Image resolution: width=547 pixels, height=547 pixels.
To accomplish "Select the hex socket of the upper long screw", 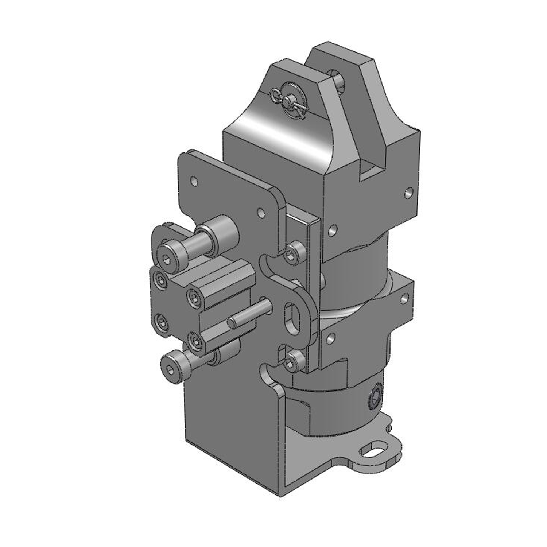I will tap(166, 260).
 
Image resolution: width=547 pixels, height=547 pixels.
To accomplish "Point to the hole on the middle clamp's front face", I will tap(330, 340).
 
